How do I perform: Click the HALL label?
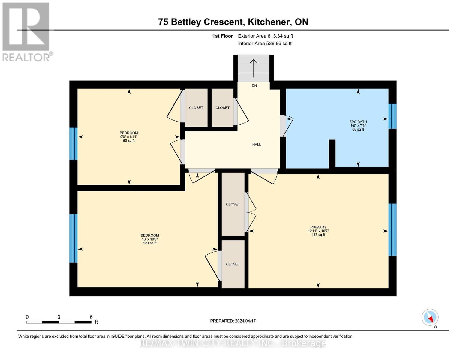tap(257, 145)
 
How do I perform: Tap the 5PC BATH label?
tap(358, 121)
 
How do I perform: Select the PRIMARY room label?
tap(318, 227)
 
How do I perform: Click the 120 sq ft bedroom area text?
tap(150, 243)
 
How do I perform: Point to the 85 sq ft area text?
tap(129, 141)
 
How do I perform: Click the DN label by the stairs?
tap(254, 86)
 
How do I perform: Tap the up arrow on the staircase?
tap(254, 68)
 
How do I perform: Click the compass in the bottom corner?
tap(430, 317)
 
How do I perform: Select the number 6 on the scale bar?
tap(91, 317)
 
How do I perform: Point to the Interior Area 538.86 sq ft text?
tap(265, 43)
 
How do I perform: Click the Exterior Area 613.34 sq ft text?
tap(265, 36)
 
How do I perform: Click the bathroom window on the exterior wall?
tap(392, 116)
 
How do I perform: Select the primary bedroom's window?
tap(392, 229)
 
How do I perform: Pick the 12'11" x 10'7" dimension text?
tap(318, 231)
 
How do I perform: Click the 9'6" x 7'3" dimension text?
tap(358, 125)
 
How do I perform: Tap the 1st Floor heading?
tap(222, 36)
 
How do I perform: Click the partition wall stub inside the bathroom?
tap(332, 154)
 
